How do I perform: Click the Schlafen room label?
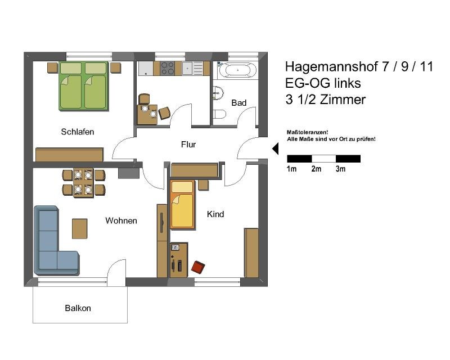78,132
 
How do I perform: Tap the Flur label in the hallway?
188,145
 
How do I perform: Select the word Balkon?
78,308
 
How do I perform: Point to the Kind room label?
215,214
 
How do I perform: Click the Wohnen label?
121,220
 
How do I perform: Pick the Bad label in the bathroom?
238,102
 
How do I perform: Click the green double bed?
83,85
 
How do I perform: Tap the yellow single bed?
182,204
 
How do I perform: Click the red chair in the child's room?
198,267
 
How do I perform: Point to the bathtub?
237,70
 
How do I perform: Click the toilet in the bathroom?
219,114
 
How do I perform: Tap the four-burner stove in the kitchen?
167,68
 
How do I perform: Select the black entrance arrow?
275,148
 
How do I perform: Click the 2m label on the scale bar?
316,169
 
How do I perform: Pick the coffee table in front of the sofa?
79,228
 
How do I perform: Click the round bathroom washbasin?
218,93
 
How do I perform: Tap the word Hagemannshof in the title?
331,66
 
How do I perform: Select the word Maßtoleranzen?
307,132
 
